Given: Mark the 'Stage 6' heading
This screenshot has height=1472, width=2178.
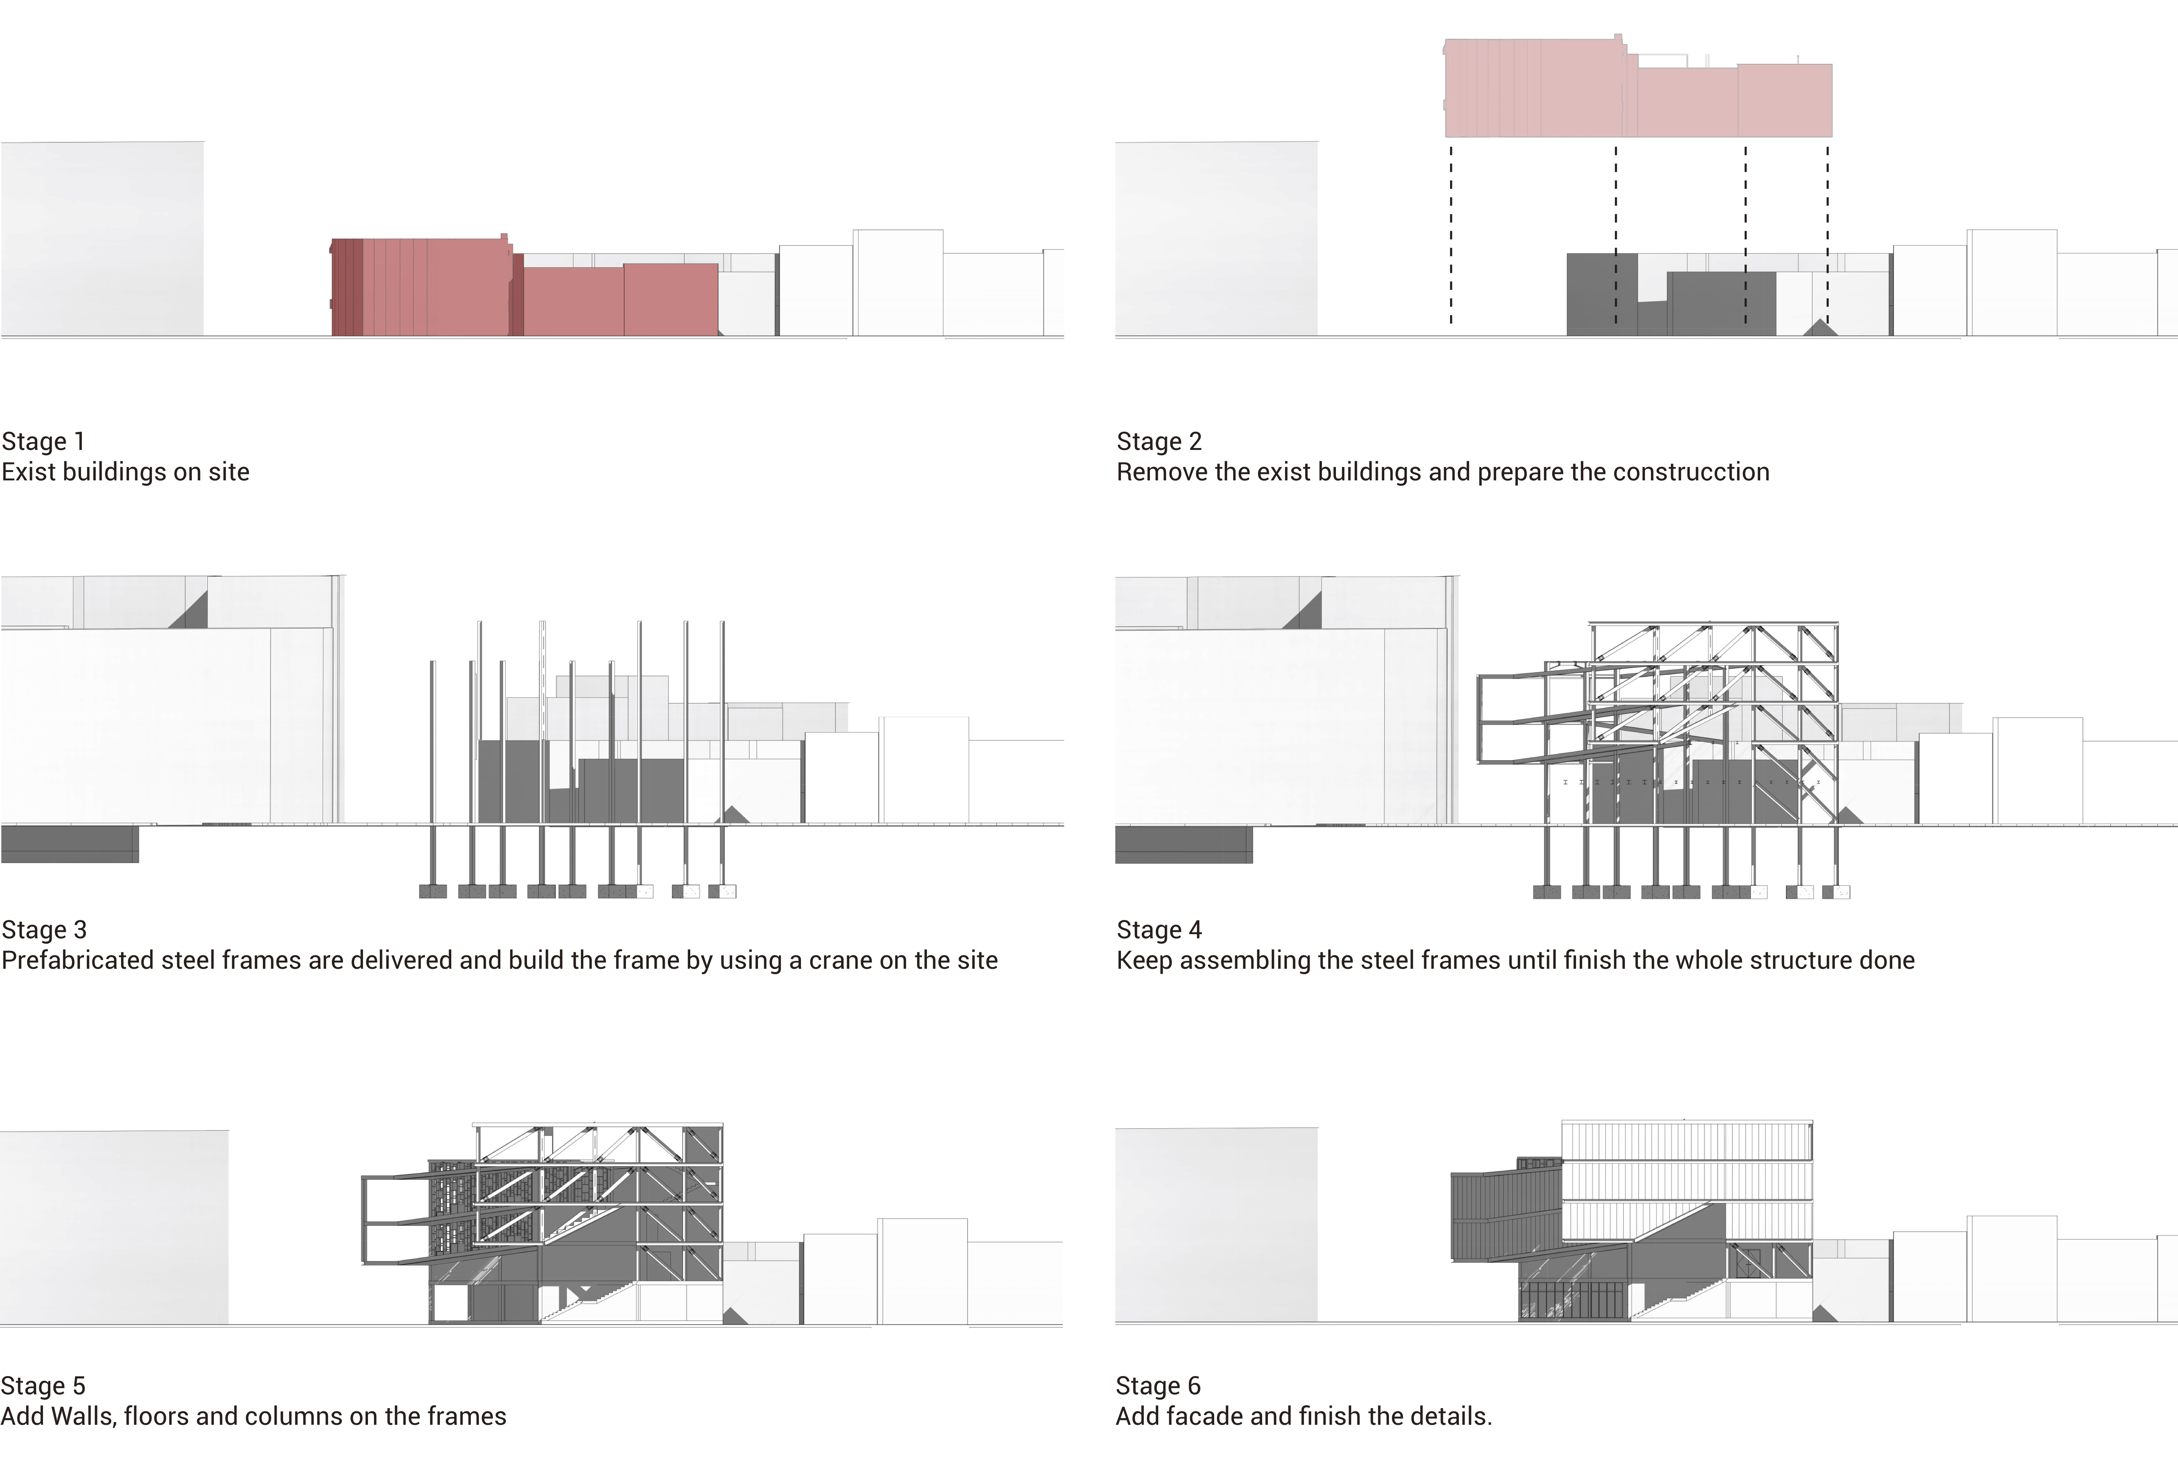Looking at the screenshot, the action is (1157, 1386).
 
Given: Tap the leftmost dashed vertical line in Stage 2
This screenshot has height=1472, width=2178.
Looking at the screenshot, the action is (1451, 234).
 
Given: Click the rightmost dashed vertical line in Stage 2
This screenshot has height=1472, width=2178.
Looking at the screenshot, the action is (1828, 234).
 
